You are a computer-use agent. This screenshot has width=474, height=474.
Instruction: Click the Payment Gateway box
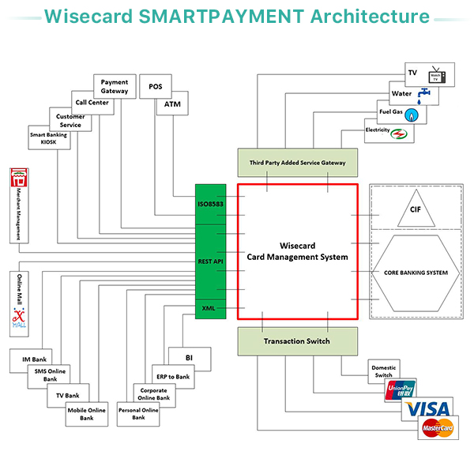coord(115,86)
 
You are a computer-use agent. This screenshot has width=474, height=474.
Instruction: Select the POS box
coord(155,86)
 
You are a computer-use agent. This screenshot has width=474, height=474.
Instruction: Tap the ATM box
coord(172,104)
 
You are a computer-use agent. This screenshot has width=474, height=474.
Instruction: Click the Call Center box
coord(92,103)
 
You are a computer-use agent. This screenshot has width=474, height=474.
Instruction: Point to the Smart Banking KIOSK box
coord(49,139)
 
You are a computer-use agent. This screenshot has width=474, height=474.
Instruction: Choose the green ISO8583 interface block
coord(211,204)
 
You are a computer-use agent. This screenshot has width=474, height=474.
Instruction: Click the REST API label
coord(211,260)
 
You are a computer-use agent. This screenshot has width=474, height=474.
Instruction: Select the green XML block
coord(211,308)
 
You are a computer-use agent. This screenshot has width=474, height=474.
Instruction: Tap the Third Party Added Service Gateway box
coord(297,162)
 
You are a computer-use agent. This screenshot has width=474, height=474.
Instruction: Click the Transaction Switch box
coord(297,341)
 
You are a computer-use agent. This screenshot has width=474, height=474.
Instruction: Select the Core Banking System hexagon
coord(416,273)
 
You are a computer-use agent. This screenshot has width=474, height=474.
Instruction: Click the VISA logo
coord(429,408)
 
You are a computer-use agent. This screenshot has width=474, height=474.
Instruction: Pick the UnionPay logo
coord(401,389)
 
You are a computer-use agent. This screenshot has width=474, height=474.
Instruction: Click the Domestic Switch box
coord(385,370)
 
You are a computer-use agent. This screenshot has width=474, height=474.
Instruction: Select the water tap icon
coord(427,93)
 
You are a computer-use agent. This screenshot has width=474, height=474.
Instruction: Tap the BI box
coord(189,358)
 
